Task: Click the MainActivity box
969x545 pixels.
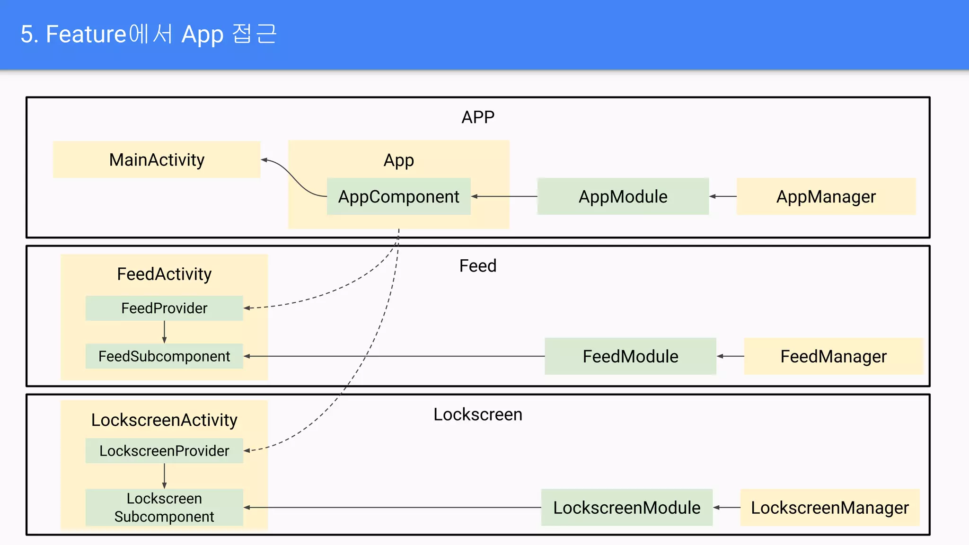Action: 157,160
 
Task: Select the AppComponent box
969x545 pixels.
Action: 398,196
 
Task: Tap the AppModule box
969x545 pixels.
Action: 623,196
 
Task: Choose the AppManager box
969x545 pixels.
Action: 826,196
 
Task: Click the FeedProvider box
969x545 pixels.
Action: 164,308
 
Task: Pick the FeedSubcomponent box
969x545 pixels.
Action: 164,356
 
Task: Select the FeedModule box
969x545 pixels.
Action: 630,356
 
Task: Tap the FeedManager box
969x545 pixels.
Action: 833,356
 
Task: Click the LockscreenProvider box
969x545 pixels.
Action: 164,451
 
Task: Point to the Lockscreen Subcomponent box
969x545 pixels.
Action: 164,507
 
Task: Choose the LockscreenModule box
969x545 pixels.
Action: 626,508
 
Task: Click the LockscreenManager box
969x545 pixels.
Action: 829,508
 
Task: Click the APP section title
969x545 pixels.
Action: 478,117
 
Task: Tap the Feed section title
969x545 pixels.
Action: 478,266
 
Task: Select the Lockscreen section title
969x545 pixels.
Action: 478,414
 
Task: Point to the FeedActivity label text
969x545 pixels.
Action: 164,274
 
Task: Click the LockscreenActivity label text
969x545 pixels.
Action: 164,420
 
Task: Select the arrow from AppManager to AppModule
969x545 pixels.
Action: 723,196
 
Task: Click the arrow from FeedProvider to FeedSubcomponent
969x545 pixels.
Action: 164,332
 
